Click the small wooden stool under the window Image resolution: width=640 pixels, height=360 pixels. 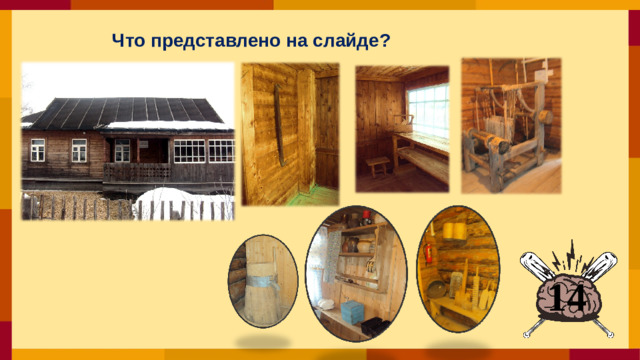pyautogui.click(x=378, y=164)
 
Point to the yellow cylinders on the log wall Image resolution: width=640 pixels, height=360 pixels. pyautogui.click(x=457, y=231)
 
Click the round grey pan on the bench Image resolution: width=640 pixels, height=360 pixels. pyautogui.click(x=439, y=291)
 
